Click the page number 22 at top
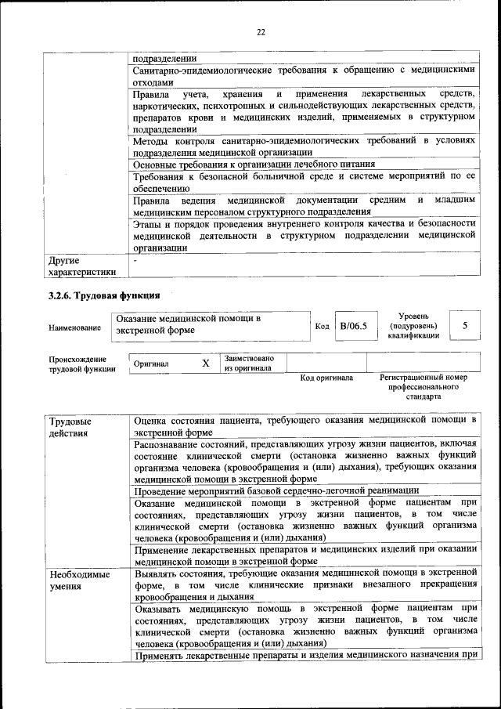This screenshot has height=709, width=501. click(261, 31)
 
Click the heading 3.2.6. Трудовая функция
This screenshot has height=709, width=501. click(104, 295)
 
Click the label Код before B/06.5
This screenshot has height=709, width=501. click(322, 326)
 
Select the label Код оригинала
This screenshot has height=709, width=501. click(326, 378)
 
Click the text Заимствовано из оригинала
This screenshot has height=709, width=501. click(247, 362)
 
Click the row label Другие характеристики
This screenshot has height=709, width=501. click(82, 266)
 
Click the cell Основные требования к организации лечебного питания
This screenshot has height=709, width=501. click(254, 165)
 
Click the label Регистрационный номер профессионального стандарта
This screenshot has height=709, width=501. click(424, 387)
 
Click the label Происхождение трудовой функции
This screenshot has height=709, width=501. click(82, 364)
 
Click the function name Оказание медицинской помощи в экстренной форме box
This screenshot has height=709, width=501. click(210, 325)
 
